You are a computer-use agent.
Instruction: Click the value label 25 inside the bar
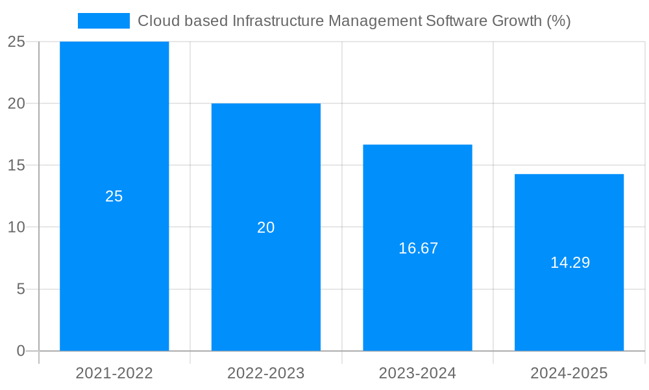114,196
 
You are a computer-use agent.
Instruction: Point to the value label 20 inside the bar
266,227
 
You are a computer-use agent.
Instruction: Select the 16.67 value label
418,248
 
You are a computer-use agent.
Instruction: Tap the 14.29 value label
570,263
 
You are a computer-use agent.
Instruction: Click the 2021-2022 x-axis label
114,373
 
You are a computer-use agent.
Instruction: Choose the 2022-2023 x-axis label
266,373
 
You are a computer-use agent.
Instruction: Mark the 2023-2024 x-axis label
417,373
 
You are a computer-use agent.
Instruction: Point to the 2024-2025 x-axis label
569,373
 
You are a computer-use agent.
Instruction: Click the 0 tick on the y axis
20,351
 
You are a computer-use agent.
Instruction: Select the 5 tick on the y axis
20,289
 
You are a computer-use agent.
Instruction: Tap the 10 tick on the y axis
16,227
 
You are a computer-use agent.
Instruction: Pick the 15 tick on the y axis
16,166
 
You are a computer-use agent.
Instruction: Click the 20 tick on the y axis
16,104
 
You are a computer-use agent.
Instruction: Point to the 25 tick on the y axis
16,42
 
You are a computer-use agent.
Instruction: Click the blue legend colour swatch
104,21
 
